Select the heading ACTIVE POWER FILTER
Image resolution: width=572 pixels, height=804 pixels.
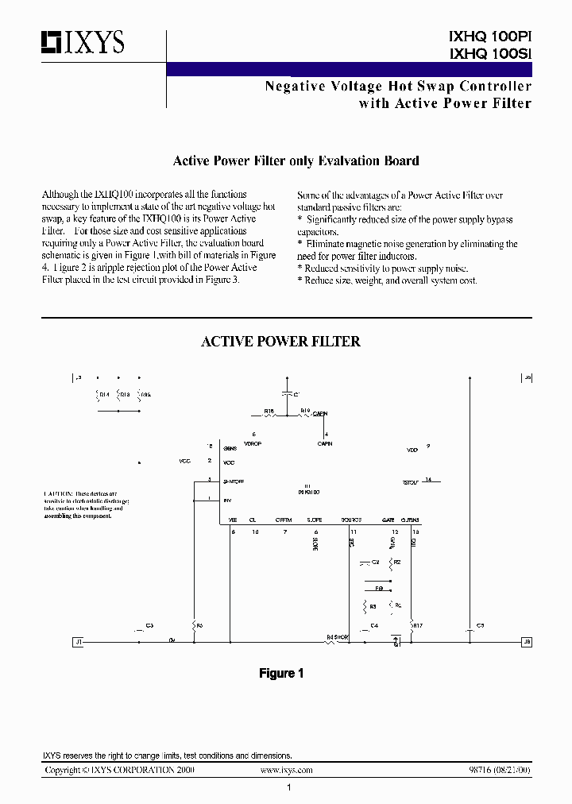pyautogui.click(x=280, y=342)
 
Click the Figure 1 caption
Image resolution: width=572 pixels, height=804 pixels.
pyautogui.click(x=281, y=673)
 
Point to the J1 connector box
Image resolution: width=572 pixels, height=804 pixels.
pyautogui.click(x=78, y=640)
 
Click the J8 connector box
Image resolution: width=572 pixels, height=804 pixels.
pyautogui.click(x=527, y=640)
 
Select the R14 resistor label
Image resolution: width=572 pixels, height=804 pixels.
pyautogui.click(x=103, y=393)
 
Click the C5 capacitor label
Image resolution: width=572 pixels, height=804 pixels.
pyautogui.click(x=480, y=626)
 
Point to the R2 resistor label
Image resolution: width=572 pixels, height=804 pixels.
pyautogui.click(x=397, y=562)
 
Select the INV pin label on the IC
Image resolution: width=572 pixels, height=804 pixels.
pyautogui.click(x=228, y=500)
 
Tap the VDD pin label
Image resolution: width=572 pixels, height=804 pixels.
pyautogui.click(x=412, y=450)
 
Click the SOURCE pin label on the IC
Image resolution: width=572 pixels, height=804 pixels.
pyautogui.click(x=351, y=520)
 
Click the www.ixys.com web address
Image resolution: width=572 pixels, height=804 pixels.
pyautogui.click(x=286, y=771)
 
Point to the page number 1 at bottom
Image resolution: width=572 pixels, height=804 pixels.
pyautogui.click(x=289, y=787)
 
